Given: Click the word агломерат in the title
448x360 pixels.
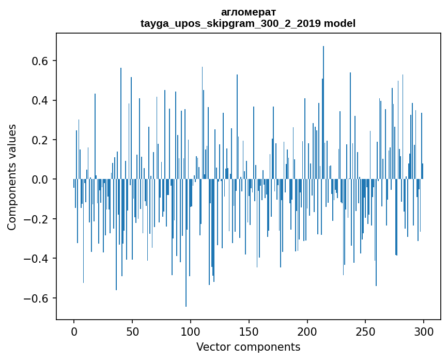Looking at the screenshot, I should coord(248,12).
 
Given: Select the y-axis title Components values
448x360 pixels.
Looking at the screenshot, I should coord(12,177).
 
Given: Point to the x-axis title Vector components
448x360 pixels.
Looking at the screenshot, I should coord(248,347).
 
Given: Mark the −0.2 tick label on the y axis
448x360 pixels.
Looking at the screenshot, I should coord(37,219).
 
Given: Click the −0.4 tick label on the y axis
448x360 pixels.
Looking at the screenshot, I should coord(37,259).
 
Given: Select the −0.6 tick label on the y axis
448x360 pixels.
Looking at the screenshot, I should coord(37,298).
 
